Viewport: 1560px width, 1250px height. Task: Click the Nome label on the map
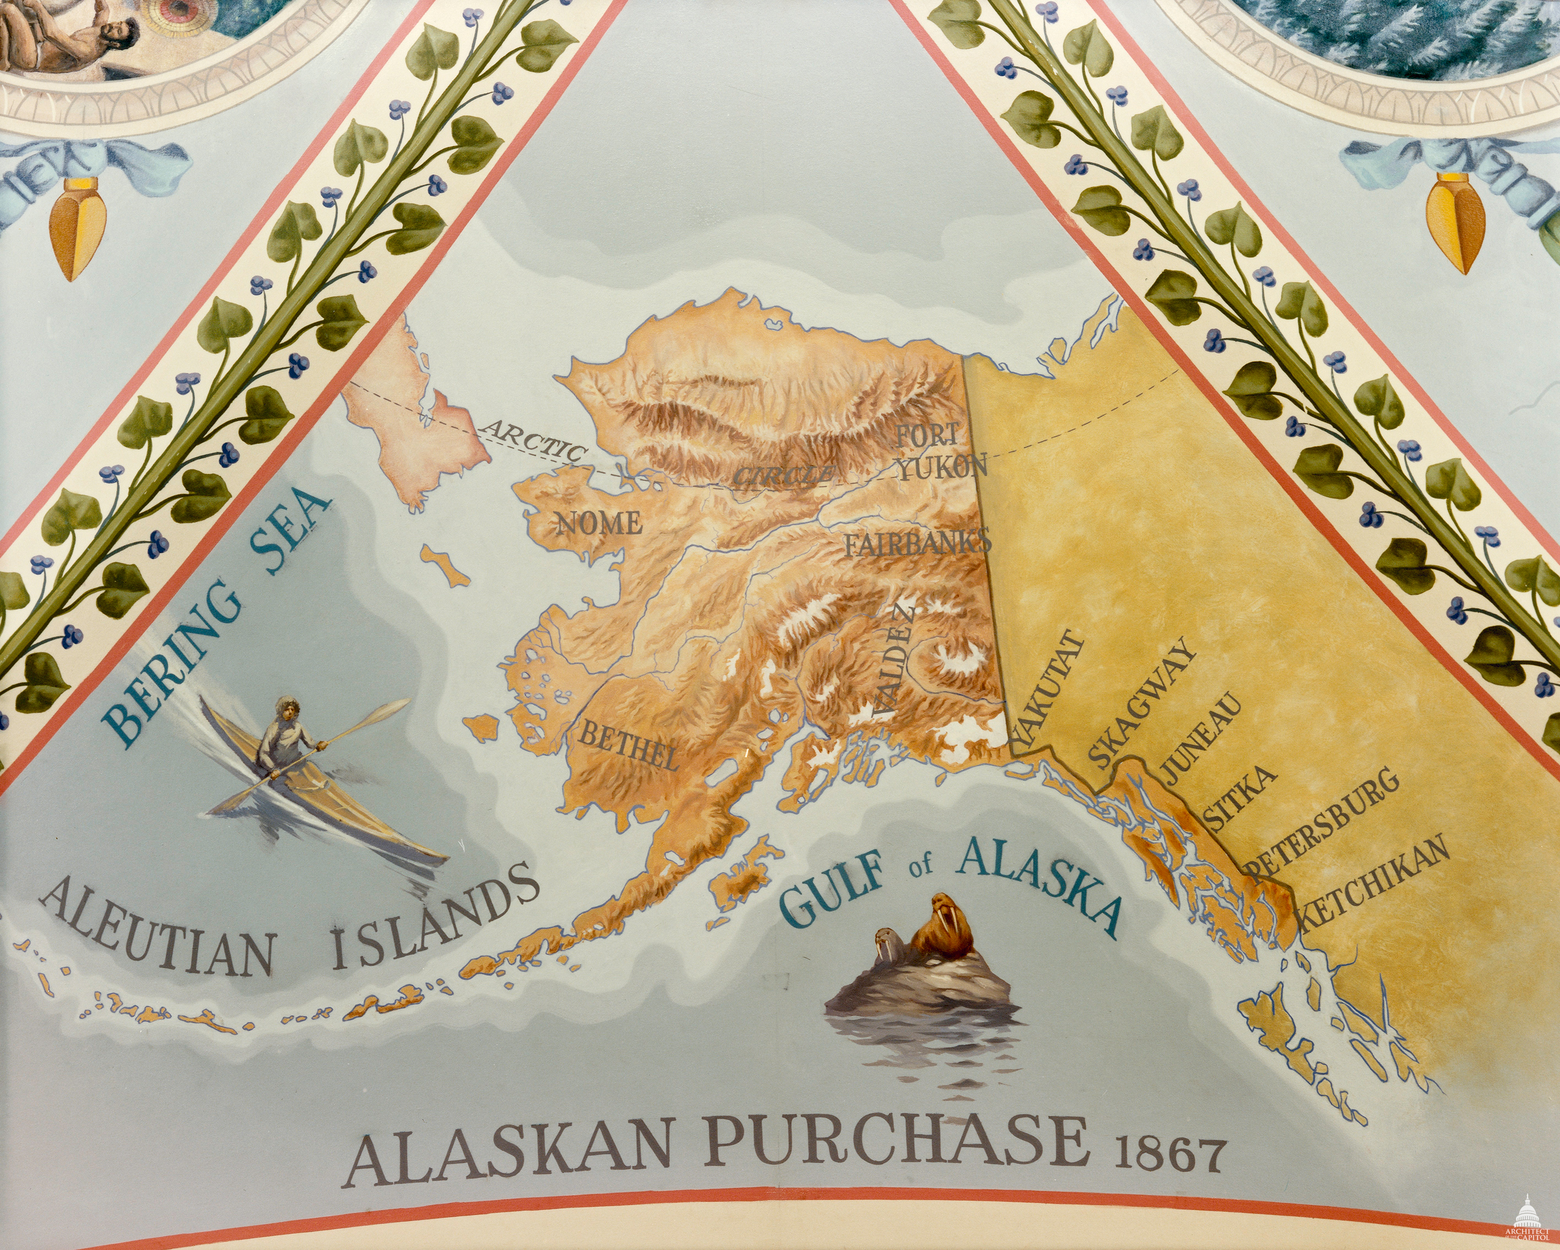(x=598, y=522)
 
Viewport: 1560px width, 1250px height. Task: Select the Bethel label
(x=628, y=746)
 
